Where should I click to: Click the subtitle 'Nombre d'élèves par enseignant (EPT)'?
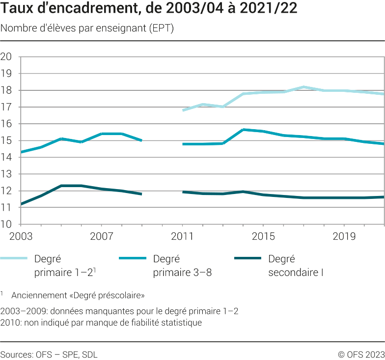(87, 28)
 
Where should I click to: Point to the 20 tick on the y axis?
(6, 56)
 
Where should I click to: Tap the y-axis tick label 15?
(6, 140)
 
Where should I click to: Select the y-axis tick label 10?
(6, 224)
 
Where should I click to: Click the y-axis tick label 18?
(6, 90)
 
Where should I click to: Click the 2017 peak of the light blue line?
(304, 87)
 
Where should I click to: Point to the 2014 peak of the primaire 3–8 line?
(244, 130)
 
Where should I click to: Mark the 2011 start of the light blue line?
(183, 111)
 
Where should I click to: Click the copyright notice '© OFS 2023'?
(360, 354)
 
